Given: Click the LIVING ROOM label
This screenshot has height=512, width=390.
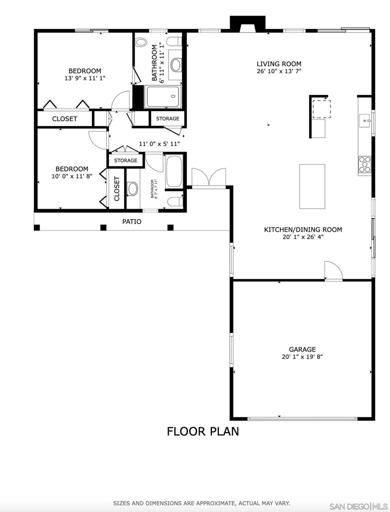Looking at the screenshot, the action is (278, 64).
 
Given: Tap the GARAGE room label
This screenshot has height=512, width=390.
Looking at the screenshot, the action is (302, 349).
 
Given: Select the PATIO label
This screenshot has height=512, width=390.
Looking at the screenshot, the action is (131, 221).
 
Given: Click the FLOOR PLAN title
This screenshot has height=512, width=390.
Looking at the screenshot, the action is (203, 431).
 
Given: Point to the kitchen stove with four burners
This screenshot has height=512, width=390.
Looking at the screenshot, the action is (365, 164).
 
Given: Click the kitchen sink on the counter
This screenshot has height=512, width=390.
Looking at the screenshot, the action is (365, 121).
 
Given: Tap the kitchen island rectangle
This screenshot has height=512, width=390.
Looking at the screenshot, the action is (312, 186).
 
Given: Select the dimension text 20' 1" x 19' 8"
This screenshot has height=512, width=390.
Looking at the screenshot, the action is (302, 357).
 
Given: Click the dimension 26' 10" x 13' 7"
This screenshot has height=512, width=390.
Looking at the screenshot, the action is (278, 71).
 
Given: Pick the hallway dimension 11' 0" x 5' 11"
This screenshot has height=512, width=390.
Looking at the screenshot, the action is (159, 143).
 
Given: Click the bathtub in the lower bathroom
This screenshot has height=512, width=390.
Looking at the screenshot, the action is (174, 171).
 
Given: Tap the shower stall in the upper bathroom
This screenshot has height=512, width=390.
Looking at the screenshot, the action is (162, 96).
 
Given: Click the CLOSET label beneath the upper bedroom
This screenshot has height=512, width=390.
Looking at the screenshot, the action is (64, 119).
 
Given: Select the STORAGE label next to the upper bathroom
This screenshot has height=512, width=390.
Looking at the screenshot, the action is (167, 118).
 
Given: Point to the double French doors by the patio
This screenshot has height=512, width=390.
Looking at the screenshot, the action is (208, 178).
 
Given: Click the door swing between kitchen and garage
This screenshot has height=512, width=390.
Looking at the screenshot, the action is (333, 270).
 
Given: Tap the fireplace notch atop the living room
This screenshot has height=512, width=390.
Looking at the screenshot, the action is (248, 24).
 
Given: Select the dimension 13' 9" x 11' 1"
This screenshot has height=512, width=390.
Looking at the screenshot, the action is (85, 78).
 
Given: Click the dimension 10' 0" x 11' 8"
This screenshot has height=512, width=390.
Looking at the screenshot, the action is (72, 176).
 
